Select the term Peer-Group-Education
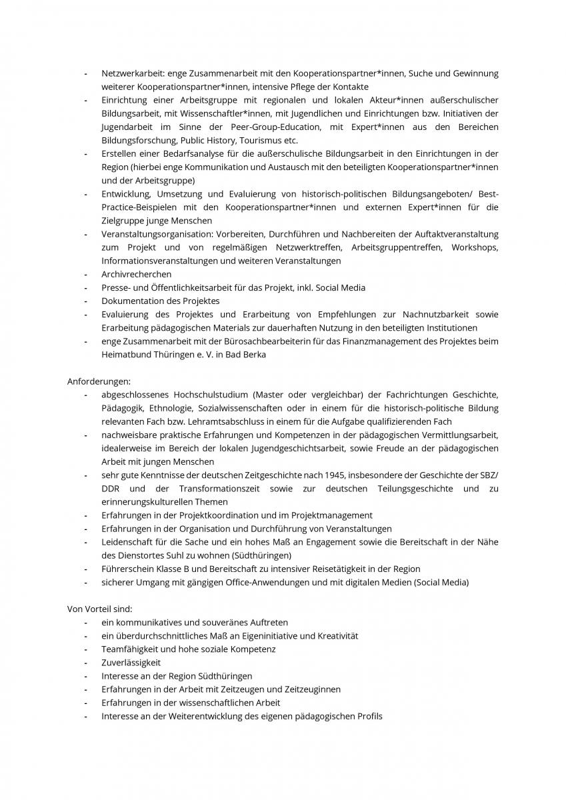(x=275, y=127)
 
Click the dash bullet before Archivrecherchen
(x=86, y=274)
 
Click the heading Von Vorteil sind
(x=100, y=609)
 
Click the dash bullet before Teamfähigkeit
(x=86, y=649)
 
